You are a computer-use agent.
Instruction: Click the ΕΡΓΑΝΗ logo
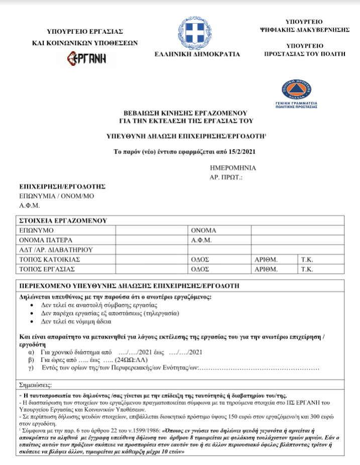click(x=86, y=59)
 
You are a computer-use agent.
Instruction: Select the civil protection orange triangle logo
click(x=299, y=89)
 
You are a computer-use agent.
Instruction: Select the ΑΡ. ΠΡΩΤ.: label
click(x=226, y=177)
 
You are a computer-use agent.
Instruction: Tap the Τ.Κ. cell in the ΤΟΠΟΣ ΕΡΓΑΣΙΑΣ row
click(x=307, y=269)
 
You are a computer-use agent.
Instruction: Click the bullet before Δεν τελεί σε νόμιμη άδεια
click(x=33, y=321)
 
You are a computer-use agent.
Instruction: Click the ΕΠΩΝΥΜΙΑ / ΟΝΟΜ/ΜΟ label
click(x=56, y=196)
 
